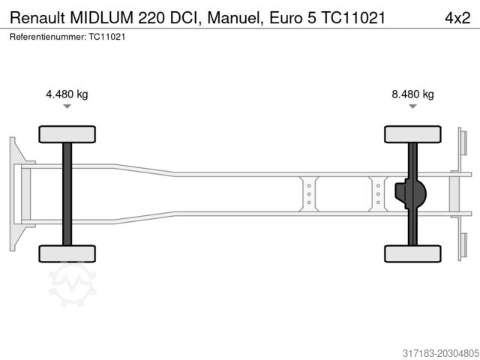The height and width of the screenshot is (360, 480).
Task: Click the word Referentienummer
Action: point(47,36)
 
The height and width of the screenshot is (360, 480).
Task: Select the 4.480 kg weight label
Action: point(67,94)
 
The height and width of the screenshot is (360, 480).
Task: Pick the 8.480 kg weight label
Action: point(412,94)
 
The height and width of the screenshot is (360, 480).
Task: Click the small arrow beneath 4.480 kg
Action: point(67,107)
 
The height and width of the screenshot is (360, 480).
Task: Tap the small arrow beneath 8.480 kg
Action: point(412,107)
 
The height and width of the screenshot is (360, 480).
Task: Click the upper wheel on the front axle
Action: point(67,134)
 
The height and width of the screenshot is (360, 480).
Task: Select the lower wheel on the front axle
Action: point(67,253)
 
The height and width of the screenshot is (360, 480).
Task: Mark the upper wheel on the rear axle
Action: point(412,134)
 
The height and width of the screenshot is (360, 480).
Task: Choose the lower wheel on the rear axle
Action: point(412,253)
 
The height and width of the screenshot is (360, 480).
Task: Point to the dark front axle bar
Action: point(67,193)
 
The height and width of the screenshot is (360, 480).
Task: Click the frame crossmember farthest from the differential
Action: point(308,193)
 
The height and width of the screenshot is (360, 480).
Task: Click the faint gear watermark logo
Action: point(73,284)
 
